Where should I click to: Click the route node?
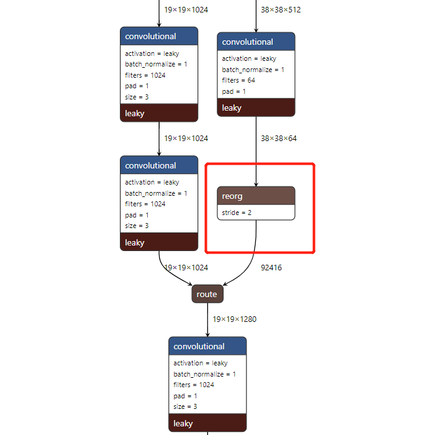pos(207,294)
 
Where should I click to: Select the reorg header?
pos(256,196)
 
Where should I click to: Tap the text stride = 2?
pos(237,213)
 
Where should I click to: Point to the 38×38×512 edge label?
pos(281,10)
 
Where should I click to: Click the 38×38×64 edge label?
pos(278,139)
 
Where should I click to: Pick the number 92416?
pos(271,268)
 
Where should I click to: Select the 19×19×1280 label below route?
pos(234,319)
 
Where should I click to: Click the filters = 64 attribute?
pos(238,80)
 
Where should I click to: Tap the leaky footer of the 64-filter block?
pos(256,108)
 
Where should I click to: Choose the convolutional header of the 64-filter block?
pos(256,42)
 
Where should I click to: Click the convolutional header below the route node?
pos(207,346)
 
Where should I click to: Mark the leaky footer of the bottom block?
pos(207,423)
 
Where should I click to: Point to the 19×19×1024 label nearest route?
pos(186,268)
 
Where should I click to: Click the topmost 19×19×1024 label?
pos(186,10)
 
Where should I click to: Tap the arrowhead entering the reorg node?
pos(256,184)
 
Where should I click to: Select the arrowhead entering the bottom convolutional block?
pos(207,334)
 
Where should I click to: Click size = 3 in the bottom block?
pos(185,406)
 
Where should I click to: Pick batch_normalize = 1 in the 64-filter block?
pos(253,70)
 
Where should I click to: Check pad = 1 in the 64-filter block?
pos(234,91)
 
